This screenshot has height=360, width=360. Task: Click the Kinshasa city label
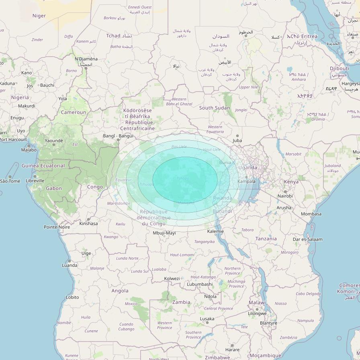point(88,223)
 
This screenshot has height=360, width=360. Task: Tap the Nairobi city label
point(285,196)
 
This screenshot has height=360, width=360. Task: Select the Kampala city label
point(247,181)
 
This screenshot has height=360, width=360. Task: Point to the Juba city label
point(237,141)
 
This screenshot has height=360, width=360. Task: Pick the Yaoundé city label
point(54,141)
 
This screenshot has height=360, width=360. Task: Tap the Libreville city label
point(35,181)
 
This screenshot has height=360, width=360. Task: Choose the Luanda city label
point(70,265)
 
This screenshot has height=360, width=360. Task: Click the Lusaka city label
point(207,319)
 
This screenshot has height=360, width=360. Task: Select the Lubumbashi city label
point(200,284)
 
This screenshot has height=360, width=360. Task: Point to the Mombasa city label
point(311,214)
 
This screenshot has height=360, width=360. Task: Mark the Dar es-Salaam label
point(307,239)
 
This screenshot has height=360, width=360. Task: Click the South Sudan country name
point(215,108)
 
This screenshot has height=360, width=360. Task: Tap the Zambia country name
point(181,302)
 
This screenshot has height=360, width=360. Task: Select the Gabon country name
point(54,188)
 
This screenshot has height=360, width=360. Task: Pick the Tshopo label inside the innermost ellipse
point(182,178)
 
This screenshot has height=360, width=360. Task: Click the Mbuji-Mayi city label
point(164,233)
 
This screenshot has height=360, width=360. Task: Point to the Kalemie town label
point(215,231)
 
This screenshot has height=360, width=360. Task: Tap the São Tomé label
point(10,181)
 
